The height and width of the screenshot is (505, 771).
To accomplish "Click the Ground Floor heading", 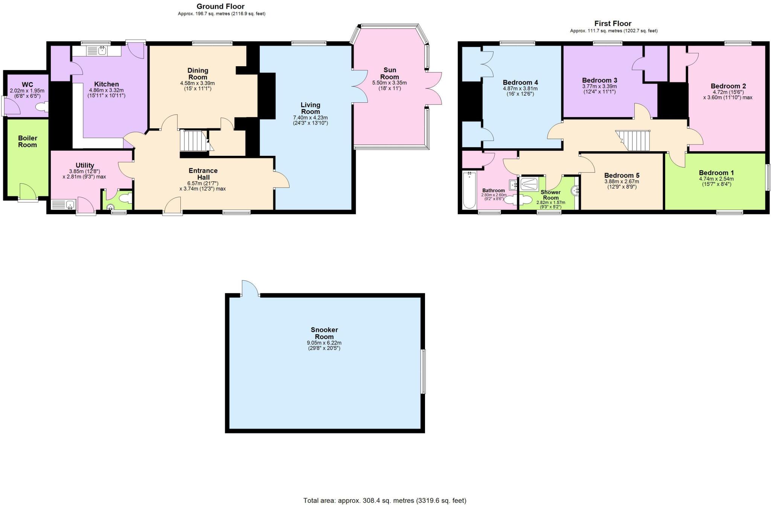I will coord(220,6).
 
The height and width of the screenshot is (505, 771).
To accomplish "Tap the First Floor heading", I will coord(613,23).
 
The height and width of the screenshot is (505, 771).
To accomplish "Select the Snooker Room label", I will coord(324,333).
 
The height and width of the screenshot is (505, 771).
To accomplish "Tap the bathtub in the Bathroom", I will coord(469,190).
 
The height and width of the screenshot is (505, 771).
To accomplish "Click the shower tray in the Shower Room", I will coord(532,184).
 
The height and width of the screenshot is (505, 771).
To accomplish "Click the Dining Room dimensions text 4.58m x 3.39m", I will coord(198,83).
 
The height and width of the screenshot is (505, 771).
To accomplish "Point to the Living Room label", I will coord(311,108).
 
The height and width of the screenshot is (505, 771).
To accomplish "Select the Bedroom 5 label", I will coord(622,175).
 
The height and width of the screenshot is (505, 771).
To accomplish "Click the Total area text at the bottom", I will coord(385,500).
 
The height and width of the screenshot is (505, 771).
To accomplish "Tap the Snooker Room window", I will coord(423,371).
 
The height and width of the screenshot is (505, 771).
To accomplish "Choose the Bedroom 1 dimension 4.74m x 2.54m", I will coord(716,179).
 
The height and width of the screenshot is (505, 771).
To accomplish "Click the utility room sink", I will coord(64,205).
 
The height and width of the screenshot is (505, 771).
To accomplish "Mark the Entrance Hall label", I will coord(203,174).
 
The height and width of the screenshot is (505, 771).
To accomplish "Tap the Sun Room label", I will coord(390,73).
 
